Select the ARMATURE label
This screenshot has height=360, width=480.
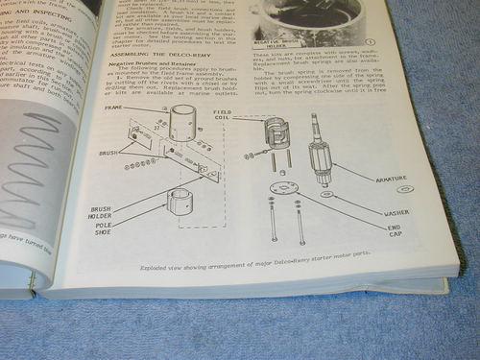[396, 178]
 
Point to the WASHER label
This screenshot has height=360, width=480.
[395, 211]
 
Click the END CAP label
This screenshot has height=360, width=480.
[394, 231]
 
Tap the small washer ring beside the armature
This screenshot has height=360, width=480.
[325, 194]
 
